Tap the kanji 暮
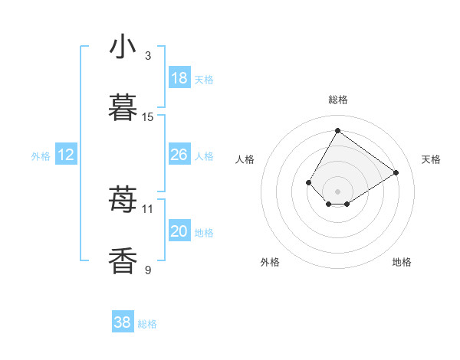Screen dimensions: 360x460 coord(123,108)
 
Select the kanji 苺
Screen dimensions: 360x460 coord(123,200)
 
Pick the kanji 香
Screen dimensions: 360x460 coord(123,261)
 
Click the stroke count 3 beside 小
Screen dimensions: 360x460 coord(148,56)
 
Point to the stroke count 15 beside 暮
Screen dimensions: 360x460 coord(148,117)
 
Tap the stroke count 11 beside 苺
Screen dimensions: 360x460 coord(148,208)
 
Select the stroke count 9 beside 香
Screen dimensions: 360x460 coord(148,270)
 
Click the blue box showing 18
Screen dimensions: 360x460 coord(179,78)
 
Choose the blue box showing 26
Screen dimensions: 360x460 coord(179,155)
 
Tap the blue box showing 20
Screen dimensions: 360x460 coord(179,231)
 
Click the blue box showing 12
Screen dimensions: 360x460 coord(66,155)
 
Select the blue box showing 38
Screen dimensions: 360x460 coord(123,323)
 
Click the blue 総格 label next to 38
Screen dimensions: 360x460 coord(147,324)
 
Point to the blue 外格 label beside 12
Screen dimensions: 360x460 coord(41,156)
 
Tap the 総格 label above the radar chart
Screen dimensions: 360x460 coord(338,100)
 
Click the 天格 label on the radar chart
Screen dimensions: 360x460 coord(432,159)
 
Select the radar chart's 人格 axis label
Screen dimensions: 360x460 coord(245,159)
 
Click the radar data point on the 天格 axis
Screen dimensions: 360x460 coord(396,172)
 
